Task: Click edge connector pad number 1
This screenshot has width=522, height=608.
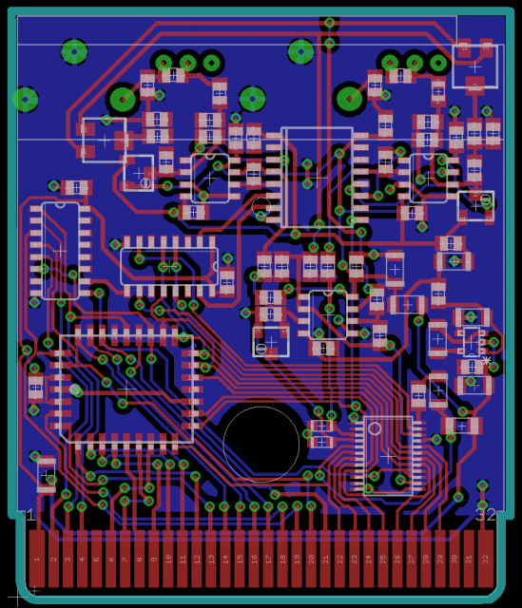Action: [x=37, y=559]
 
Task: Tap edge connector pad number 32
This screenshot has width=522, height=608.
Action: [x=486, y=559]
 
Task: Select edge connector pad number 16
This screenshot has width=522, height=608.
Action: [x=254, y=559]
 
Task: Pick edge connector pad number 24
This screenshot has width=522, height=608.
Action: [x=370, y=559]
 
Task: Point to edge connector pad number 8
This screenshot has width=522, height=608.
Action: [x=139, y=559]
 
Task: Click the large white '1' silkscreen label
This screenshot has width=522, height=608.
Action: [x=29, y=515]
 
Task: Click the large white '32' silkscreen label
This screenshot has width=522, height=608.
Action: [x=485, y=515]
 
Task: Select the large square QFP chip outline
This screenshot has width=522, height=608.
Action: [x=126, y=388]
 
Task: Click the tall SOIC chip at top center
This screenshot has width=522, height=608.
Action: [x=317, y=177]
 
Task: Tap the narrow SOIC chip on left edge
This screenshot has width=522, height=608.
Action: [x=61, y=250]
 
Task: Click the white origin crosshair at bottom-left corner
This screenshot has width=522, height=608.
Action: [x=34, y=591]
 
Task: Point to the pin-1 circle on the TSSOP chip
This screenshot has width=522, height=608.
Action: [x=375, y=428]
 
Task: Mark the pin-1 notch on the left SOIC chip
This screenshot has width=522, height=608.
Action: [x=61, y=203]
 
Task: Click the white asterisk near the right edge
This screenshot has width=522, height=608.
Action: [x=487, y=361]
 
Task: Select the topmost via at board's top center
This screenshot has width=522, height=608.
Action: [x=329, y=22]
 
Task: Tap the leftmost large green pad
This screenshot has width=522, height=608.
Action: [x=26, y=99]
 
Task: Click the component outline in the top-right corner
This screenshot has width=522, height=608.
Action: [x=474, y=66]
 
